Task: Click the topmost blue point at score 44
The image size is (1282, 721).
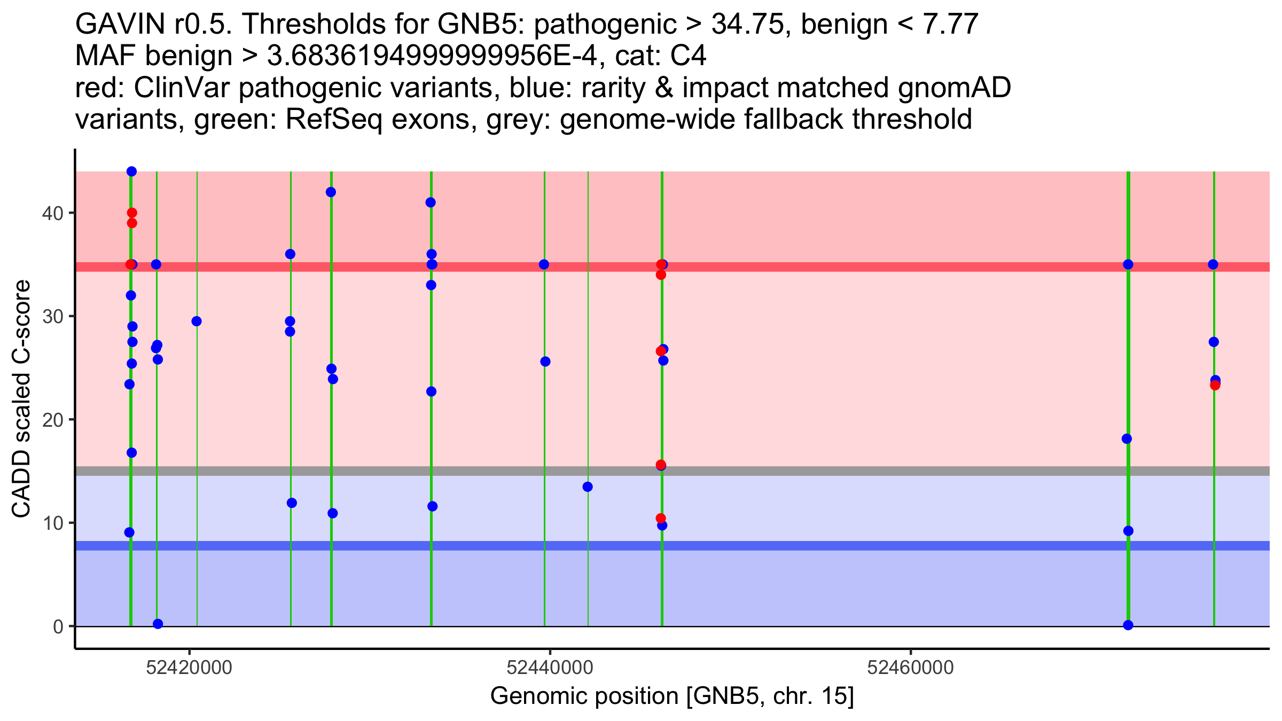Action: pyautogui.click(x=131, y=171)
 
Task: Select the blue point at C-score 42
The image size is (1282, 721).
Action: pyautogui.click(x=331, y=192)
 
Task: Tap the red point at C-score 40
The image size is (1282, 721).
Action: pyautogui.click(x=132, y=213)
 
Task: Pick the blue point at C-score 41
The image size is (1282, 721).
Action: pyautogui.click(x=431, y=202)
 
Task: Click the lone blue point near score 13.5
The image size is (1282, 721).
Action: pyautogui.click(x=588, y=487)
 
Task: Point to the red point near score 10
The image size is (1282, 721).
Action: pyautogui.click(x=661, y=518)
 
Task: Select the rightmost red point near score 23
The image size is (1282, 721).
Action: pyautogui.click(x=1215, y=385)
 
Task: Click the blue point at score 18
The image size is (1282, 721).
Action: pyautogui.click(x=1127, y=439)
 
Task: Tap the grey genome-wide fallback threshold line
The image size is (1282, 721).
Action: pyautogui.click(x=673, y=471)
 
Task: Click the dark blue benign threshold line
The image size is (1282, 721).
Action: pyautogui.click(x=673, y=546)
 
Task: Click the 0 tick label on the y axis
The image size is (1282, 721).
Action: pyautogui.click(x=58, y=626)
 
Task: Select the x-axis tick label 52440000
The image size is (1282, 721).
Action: pyautogui.click(x=550, y=668)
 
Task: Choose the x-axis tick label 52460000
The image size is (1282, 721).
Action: pyautogui.click(x=910, y=668)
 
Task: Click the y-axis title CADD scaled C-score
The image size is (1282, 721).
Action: pyautogui.click(x=21, y=399)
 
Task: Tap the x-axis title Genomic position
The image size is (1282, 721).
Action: pyautogui.click(x=672, y=696)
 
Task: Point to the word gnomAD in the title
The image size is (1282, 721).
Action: pyautogui.click(x=954, y=88)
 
